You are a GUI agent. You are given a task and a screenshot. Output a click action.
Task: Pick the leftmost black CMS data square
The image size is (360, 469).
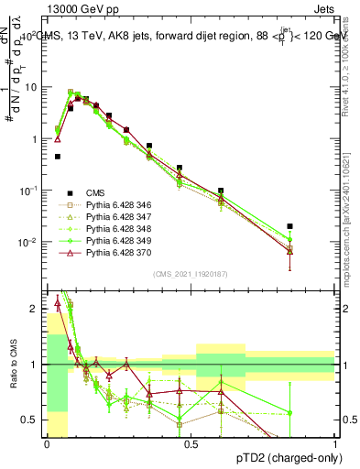coord(58,157)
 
